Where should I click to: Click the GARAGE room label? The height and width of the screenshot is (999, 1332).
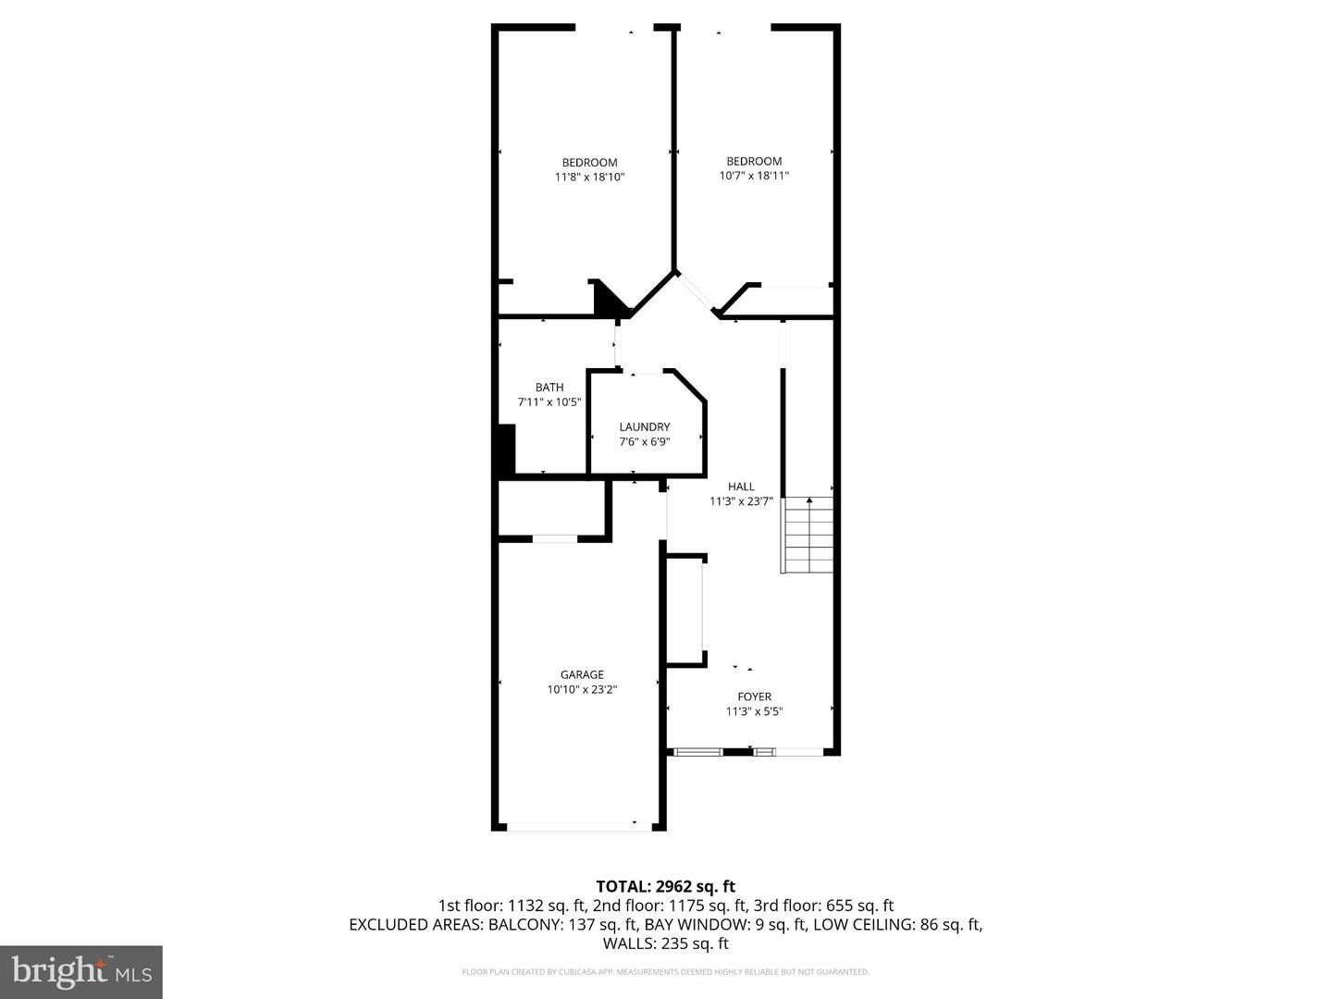tap(582, 674)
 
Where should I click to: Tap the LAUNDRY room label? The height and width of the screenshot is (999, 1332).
tap(645, 426)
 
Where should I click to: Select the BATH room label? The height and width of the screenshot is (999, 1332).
tap(549, 388)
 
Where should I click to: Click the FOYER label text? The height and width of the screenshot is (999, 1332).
tap(754, 697)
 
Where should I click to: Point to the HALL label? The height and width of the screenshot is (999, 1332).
tap(741, 487)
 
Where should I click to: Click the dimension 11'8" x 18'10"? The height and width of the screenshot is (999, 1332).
tap(589, 177)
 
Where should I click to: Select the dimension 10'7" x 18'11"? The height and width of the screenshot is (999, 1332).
tap(754, 176)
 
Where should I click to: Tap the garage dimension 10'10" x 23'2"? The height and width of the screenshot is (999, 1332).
tap(582, 689)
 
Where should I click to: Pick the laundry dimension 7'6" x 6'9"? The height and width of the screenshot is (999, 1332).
tap(645, 441)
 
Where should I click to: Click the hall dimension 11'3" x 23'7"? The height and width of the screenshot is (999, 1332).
tap(741, 501)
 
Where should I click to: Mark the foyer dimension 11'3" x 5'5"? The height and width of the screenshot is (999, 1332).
tap(754, 711)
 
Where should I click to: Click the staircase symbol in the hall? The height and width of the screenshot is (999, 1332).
tap(808, 536)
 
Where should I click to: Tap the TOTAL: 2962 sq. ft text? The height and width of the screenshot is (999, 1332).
tap(665, 887)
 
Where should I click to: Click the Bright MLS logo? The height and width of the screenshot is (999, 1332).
tap(81, 971)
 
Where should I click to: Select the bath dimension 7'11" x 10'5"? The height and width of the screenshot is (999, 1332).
tap(549, 402)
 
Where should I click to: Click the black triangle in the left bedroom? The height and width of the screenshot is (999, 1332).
tap(607, 301)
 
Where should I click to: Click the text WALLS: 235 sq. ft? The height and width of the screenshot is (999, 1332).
tap(665, 943)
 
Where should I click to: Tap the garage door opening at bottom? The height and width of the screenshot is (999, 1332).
tap(579, 826)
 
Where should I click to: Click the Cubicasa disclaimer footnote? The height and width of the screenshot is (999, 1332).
tap(665, 972)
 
